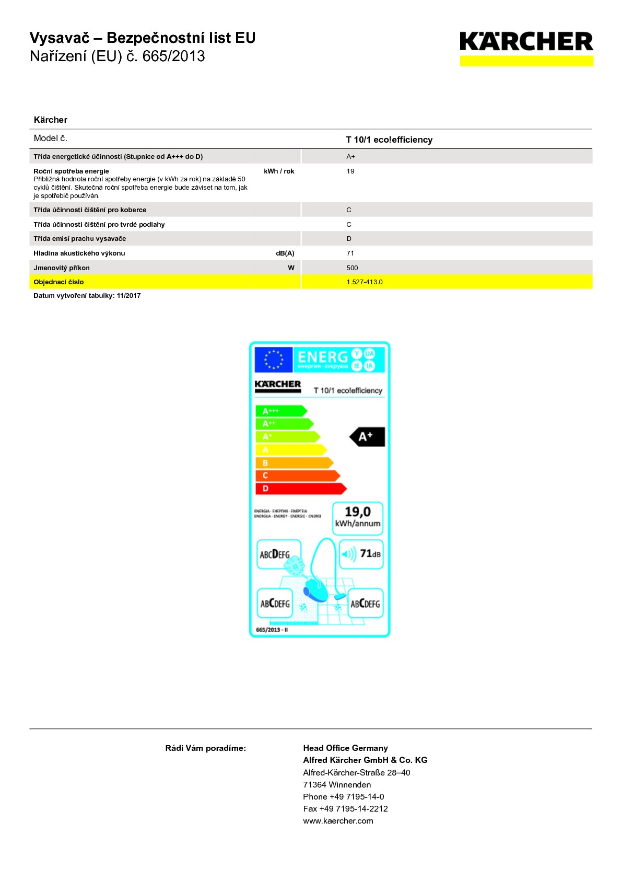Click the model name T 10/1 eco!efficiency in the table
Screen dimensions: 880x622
[389, 140]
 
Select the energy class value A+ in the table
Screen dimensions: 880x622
[350, 156]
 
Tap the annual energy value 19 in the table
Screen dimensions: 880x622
[350, 171]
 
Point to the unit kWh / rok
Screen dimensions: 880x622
[279, 171]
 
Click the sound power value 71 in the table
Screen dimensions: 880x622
[350, 253]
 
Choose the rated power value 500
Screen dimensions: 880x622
[352, 268]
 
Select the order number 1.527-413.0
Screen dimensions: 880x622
[365, 282]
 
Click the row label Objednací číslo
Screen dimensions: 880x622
[58, 282]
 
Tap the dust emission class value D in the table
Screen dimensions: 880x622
[349, 238]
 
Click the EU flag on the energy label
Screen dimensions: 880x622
[273, 360]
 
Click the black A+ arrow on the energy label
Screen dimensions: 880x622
[368, 436]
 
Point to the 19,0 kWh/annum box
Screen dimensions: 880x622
[358, 517]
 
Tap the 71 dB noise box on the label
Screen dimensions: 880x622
[361, 554]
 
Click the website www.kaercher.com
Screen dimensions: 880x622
[338, 820]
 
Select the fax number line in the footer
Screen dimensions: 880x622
[345, 808]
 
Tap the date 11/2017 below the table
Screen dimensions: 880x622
[128, 296]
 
